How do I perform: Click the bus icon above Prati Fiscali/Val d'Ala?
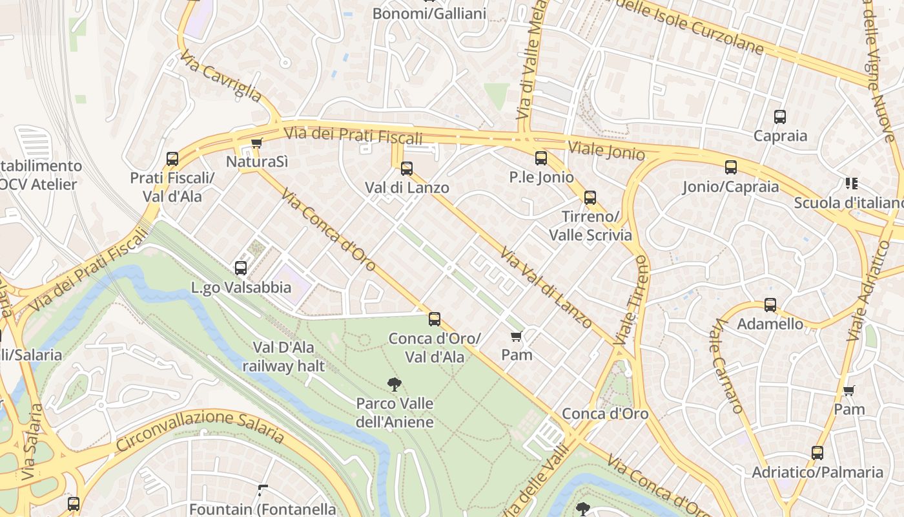pyautogui.click(x=172, y=159)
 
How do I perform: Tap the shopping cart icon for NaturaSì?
pyautogui.click(x=256, y=143)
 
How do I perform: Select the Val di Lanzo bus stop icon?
pyautogui.click(x=406, y=169)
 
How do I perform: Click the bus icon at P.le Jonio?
pyautogui.click(x=541, y=158)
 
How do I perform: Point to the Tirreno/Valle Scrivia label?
pyautogui.click(x=590, y=226)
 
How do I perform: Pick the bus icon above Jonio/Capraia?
pyautogui.click(x=731, y=167)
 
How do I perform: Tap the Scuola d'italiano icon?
pyautogui.click(x=851, y=184)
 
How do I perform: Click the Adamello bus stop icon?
pyautogui.click(x=770, y=305)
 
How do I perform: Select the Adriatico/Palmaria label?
pyautogui.click(x=817, y=472)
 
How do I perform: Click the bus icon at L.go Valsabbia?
pyautogui.click(x=241, y=268)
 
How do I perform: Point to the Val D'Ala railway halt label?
pyautogui.click(x=283, y=357)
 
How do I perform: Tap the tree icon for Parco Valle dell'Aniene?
pyautogui.click(x=394, y=385)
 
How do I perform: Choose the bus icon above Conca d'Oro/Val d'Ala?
pyautogui.click(x=435, y=319)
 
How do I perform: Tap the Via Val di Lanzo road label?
pyautogui.click(x=546, y=289)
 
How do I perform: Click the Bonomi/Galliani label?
pyautogui.click(x=429, y=14)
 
